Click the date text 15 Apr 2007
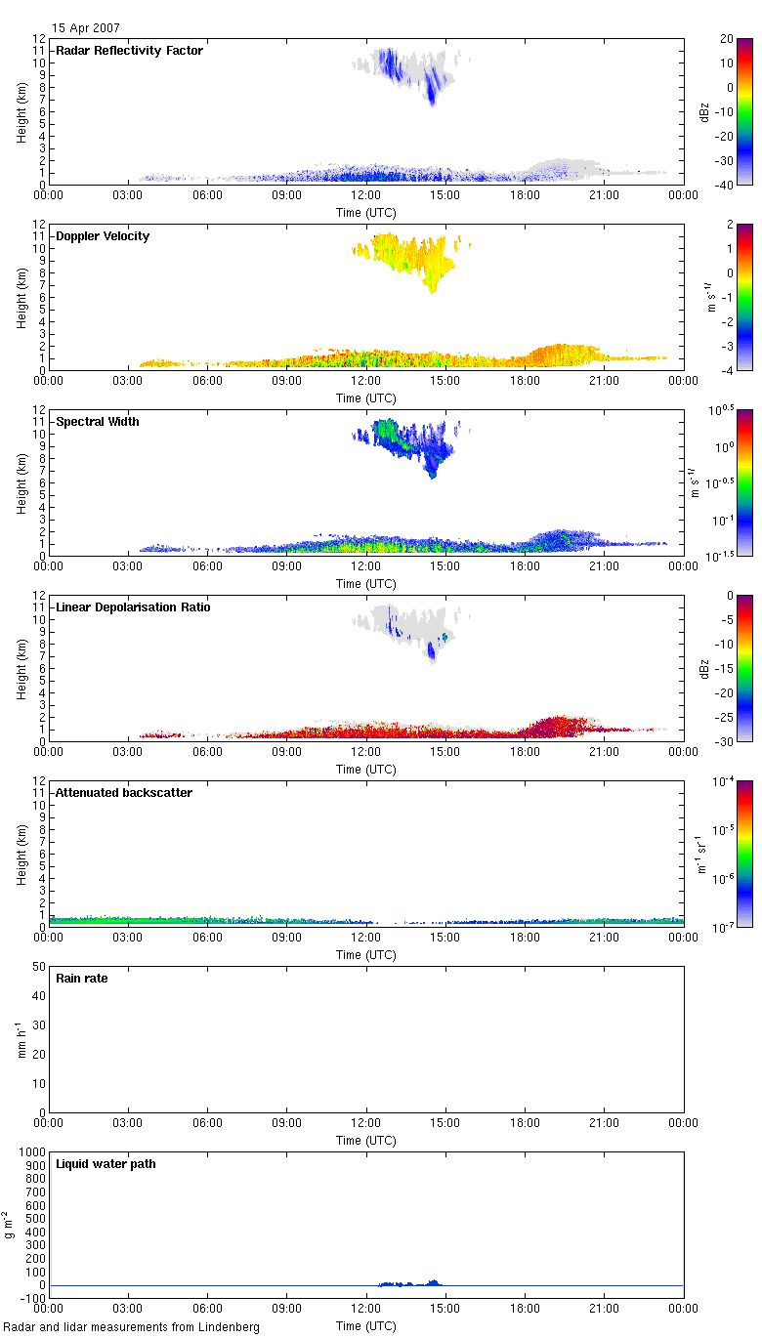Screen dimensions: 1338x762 click(x=87, y=28)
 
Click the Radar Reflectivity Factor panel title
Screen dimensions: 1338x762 click(x=129, y=51)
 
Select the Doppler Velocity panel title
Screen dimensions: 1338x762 click(x=103, y=236)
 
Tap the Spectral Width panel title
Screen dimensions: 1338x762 click(x=98, y=422)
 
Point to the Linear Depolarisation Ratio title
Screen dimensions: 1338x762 click(x=134, y=607)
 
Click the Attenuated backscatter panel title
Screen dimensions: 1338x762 click(x=124, y=793)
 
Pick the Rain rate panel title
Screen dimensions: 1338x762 click(x=82, y=979)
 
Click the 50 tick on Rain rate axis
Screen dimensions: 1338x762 click(x=40, y=967)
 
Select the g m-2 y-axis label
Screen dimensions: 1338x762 click(x=9, y=1225)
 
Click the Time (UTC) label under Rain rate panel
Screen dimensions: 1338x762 click(x=366, y=1141)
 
